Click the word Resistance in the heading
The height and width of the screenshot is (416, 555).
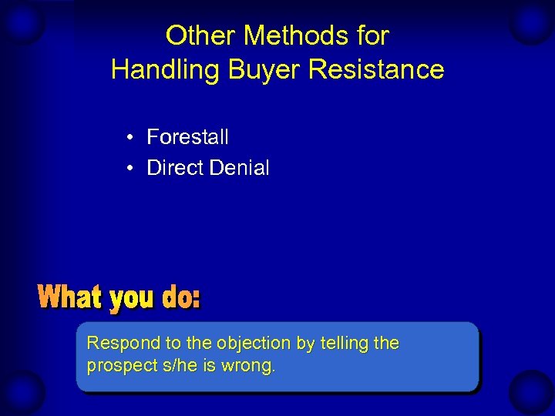(x=376, y=69)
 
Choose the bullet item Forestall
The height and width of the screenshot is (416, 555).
(x=187, y=137)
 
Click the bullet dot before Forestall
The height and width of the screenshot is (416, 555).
(x=133, y=138)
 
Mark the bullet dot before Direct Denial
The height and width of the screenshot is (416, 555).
(x=133, y=169)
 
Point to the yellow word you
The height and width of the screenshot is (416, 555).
(x=132, y=299)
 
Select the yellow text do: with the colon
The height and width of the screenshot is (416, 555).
(x=181, y=297)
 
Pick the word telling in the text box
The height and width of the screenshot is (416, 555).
(x=344, y=344)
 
